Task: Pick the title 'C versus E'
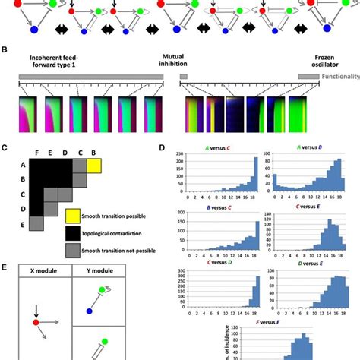pos(303,207)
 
